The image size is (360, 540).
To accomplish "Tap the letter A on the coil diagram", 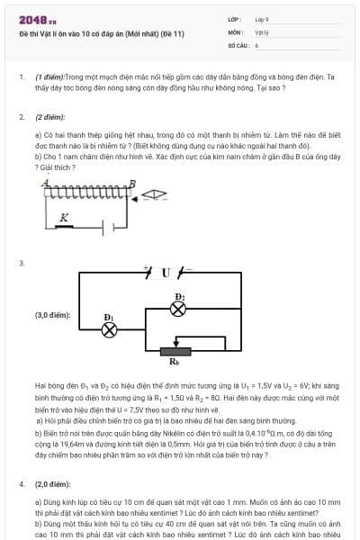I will (x=44, y=183).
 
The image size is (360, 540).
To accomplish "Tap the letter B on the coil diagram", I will (x=132, y=183).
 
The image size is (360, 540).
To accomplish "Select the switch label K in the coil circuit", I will (x=63, y=217).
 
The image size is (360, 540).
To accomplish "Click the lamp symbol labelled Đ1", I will (x=110, y=328).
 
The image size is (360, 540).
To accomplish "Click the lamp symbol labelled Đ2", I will (x=178, y=308).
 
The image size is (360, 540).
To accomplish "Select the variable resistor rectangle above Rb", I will (x=175, y=350).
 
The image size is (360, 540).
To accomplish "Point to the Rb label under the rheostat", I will (x=175, y=362).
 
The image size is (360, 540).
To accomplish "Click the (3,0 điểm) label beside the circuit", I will (x=52, y=315).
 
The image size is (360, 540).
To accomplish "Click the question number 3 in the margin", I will (x=21, y=262).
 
